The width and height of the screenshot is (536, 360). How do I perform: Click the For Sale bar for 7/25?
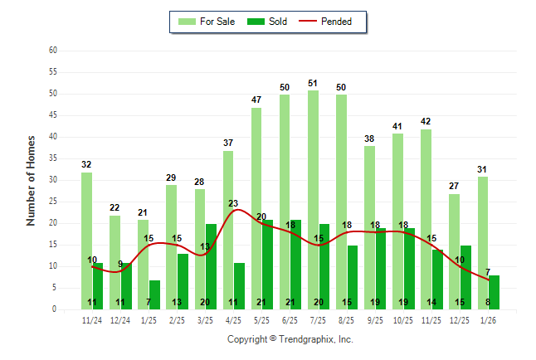click(x=313, y=199)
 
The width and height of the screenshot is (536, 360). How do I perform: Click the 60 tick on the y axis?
click(x=52, y=51)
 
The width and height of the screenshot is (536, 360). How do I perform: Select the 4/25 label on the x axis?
click(x=233, y=319)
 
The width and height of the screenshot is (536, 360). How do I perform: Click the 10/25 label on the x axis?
click(x=403, y=319)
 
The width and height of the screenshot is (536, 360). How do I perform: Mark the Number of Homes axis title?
click(x=31, y=180)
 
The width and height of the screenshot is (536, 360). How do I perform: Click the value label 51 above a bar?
click(x=313, y=83)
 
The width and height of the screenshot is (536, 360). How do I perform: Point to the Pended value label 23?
click(x=233, y=203)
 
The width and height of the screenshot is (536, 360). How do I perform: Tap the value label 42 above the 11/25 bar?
click(x=426, y=122)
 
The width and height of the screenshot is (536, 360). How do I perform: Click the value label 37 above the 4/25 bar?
click(x=228, y=144)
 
